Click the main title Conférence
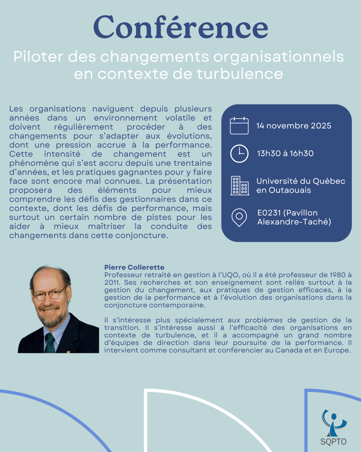click(x=180, y=27)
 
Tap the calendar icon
click(x=239, y=125)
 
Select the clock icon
click(x=239, y=153)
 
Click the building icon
click(x=240, y=185)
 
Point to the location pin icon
click(x=239, y=217)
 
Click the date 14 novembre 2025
click(x=294, y=126)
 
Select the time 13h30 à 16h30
click(x=285, y=153)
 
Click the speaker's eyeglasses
click(x=49, y=293)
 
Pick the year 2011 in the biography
click(x=112, y=282)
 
